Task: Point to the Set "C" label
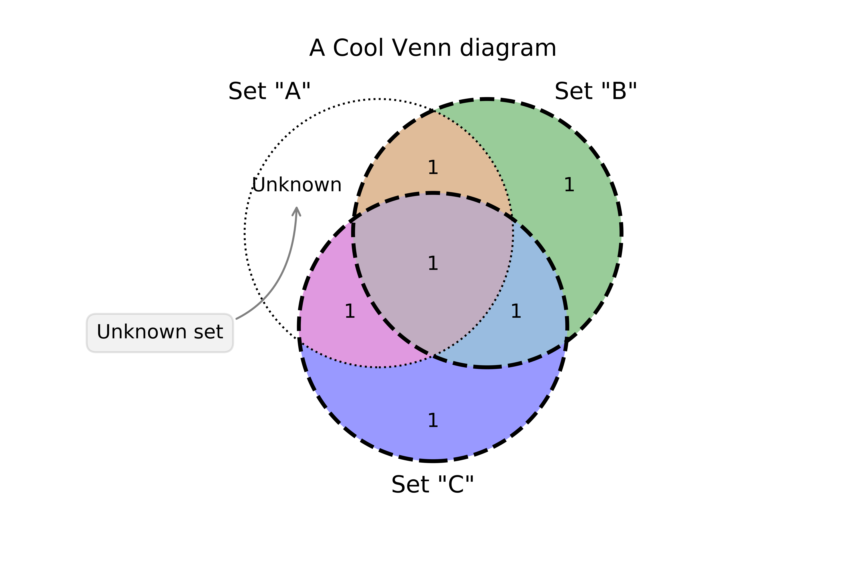pyautogui.click(x=433, y=485)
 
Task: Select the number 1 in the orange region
pyautogui.click(x=433, y=168)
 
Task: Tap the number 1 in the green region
pyautogui.click(x=569, y=185)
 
